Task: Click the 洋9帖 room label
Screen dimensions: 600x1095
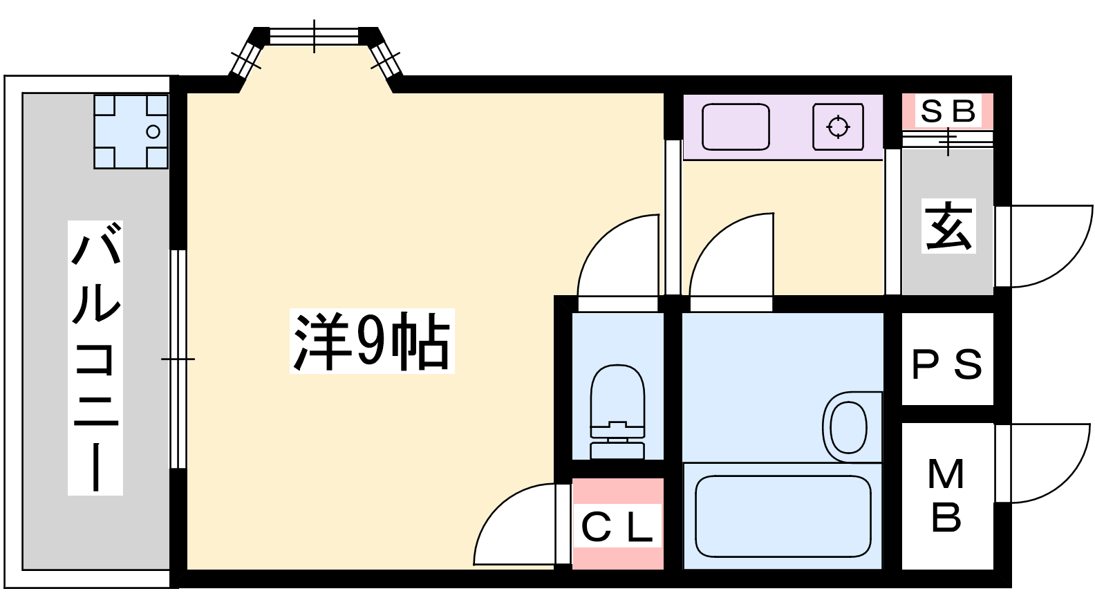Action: (371, 341)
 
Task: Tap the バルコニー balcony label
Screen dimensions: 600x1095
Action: (95, 357)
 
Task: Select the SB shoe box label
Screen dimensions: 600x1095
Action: (948, 111)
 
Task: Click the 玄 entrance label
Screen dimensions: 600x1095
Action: (948, 226)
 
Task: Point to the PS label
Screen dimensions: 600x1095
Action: (947, 364)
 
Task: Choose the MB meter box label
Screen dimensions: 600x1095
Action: (946, 496)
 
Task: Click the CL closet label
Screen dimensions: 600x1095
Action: (617, 527)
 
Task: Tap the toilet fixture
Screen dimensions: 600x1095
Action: (617, 411)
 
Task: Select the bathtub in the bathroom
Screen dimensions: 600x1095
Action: (783, 516)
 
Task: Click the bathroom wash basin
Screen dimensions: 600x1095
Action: (848, 426)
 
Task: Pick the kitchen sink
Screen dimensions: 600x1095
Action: (736, 127)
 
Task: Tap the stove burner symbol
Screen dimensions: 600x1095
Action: (839, 127)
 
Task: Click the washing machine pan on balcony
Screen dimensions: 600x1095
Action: (131, 131)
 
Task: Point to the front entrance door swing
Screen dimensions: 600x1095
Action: (1044, 246)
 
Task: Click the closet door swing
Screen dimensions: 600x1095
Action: (518, 525)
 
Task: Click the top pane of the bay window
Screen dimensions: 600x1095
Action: (314, 36)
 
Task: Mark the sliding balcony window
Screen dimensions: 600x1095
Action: (178, 359)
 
